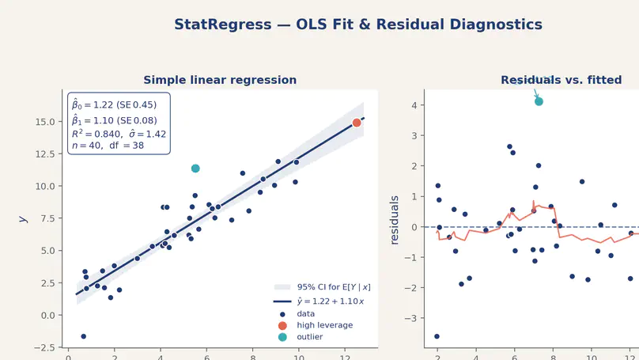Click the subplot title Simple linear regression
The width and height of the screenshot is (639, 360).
(220, 80)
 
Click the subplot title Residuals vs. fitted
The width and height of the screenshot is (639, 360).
(561, 80)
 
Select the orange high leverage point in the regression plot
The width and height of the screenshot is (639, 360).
(357, 123)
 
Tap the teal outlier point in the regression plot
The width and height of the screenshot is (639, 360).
(195, 169)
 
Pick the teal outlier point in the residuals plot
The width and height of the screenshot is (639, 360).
(539, 101)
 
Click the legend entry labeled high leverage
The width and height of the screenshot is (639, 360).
(324, 325)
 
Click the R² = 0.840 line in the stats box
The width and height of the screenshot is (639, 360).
(119, 134)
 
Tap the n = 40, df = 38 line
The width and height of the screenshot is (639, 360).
(108, 146)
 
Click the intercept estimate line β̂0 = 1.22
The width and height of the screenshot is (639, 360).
(114, 104)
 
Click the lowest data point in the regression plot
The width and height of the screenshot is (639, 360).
(83, 336)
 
